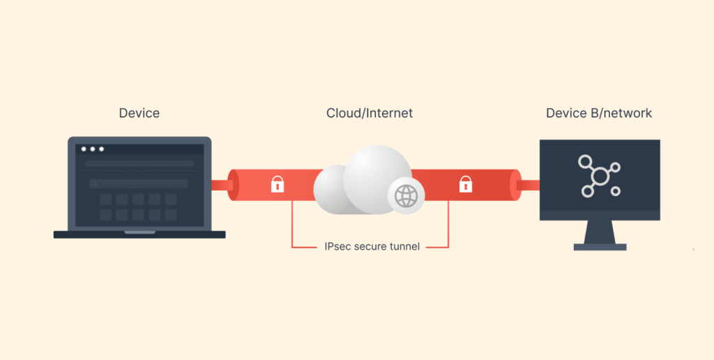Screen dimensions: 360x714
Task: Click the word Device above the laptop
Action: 139,113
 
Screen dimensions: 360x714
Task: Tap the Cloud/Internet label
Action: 370,113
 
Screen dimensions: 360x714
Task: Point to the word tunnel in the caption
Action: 404,246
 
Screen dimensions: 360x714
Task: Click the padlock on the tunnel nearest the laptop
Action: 278,184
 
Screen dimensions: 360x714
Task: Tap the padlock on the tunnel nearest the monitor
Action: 465,184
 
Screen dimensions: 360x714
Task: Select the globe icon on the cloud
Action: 406,195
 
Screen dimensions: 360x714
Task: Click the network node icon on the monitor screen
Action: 599,174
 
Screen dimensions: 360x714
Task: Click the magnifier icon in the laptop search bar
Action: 93,183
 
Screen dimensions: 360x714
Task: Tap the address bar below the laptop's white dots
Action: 139,164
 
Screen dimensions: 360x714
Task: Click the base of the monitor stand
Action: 600,246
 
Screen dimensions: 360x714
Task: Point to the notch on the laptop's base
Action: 139,232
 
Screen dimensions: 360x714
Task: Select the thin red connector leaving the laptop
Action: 220,185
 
